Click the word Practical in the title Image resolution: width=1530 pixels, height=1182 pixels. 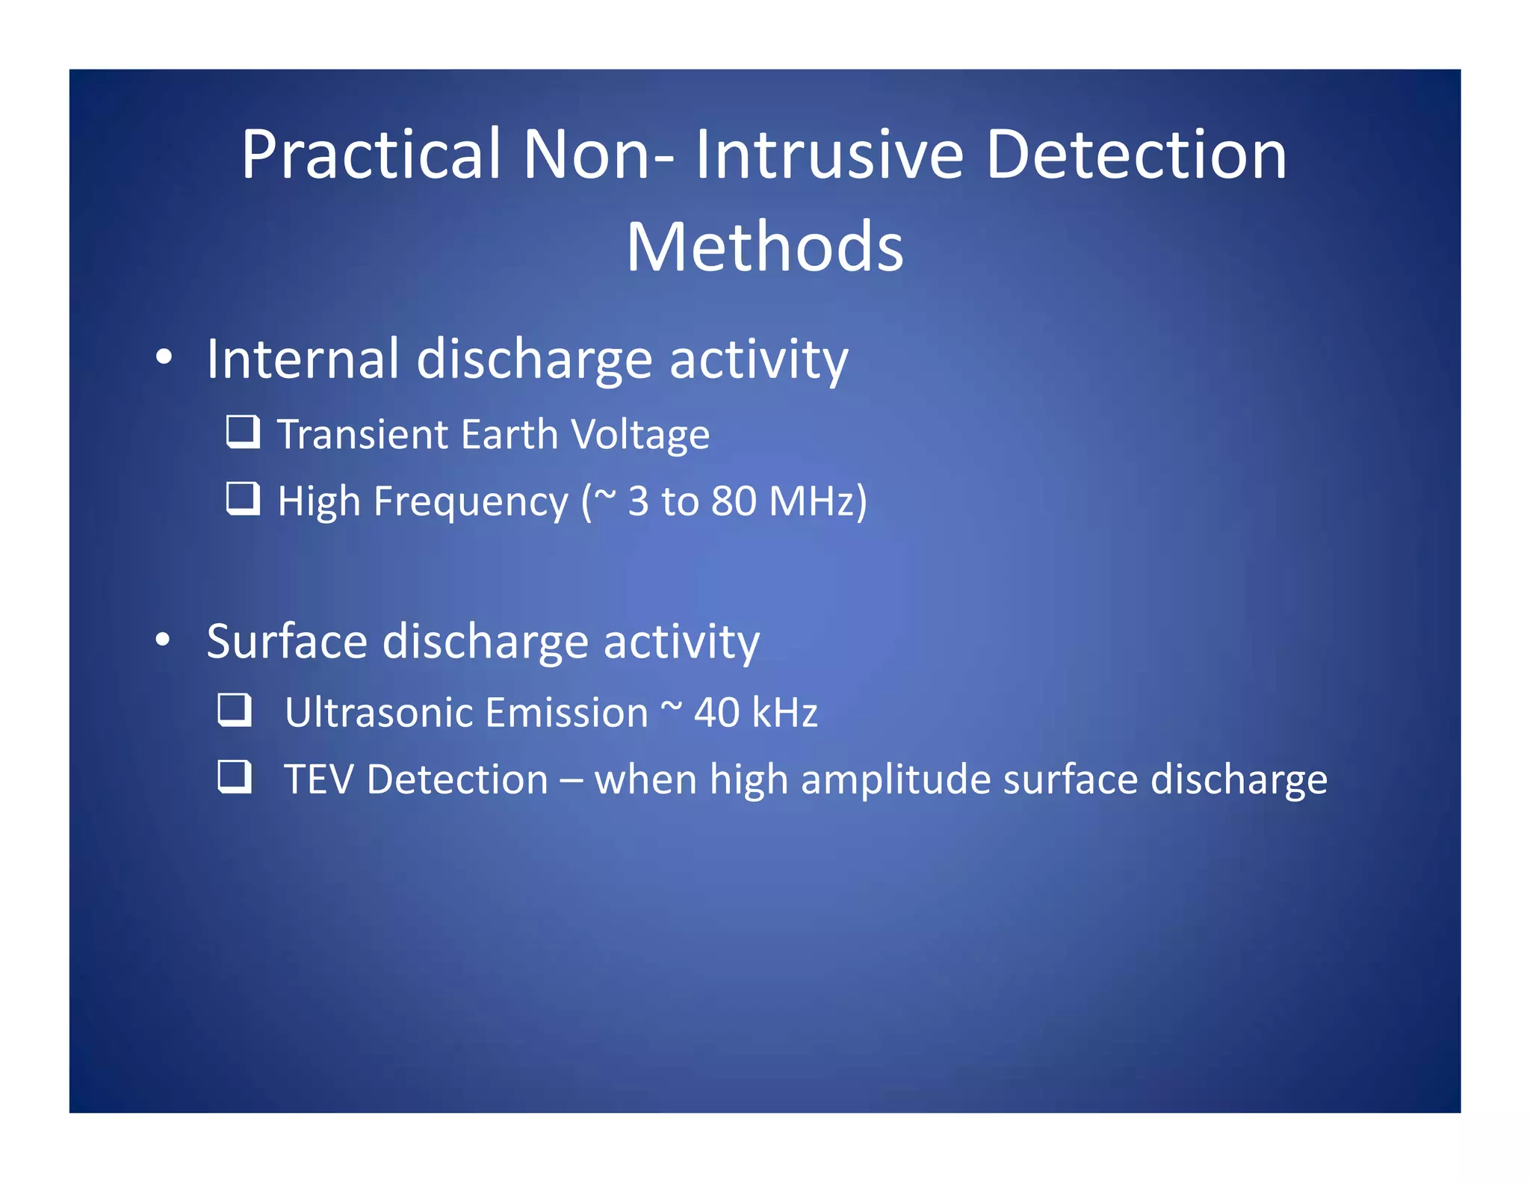pos(371,155)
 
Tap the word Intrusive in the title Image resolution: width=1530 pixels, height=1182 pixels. pos(829,155)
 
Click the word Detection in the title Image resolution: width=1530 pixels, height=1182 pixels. pos(1136,155)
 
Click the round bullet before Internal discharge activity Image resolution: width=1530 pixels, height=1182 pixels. pos(164,358)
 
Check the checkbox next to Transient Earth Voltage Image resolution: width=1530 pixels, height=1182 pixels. pos(243,432)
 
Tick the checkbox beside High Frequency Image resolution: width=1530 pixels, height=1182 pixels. pos(243,498)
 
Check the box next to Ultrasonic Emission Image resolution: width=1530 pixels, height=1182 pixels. pos(235,710)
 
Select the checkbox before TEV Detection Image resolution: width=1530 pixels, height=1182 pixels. pos(235,776)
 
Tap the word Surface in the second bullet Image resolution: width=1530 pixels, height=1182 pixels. pos(287,642)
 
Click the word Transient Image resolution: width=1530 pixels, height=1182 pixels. pos(362,435)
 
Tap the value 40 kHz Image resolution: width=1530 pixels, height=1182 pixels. pos(755,713)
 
